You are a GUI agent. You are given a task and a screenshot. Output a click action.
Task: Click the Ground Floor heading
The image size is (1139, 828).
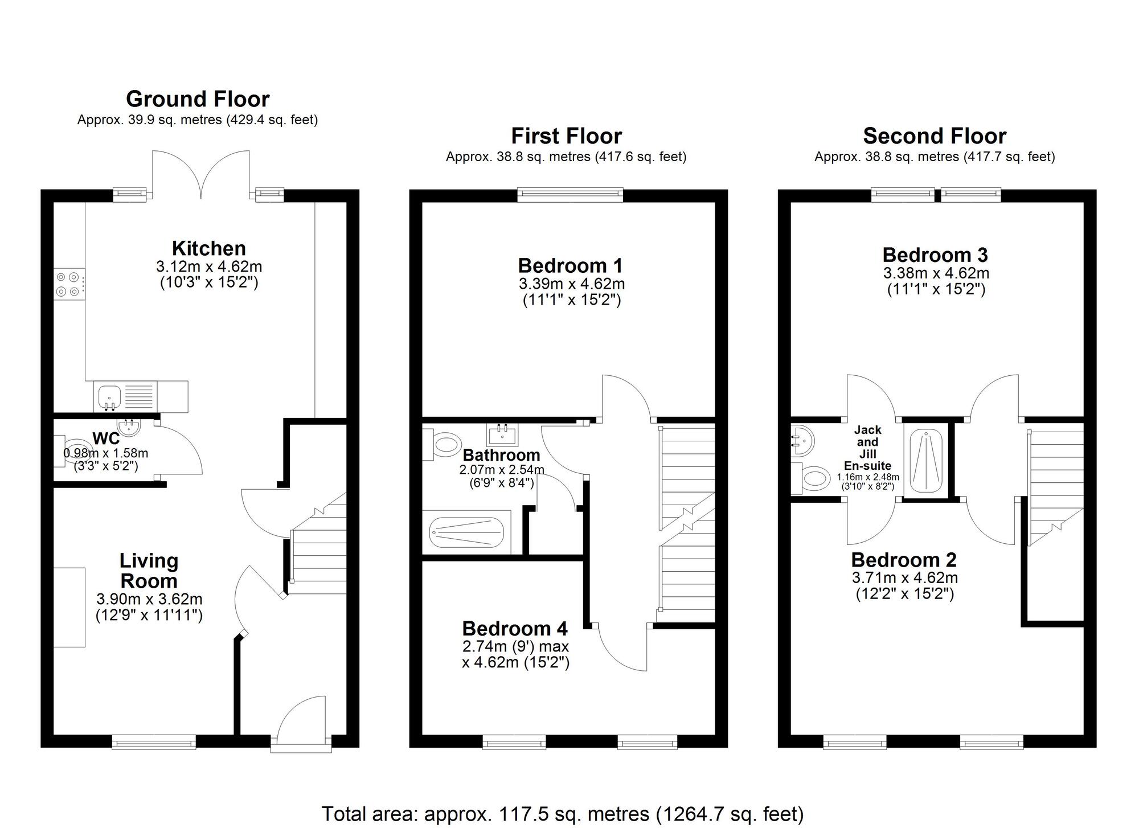[x=198, y=99]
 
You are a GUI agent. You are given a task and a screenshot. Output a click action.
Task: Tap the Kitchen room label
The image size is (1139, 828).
[x=209, y=248]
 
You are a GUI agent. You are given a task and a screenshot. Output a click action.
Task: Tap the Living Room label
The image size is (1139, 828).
[x=149, y=571]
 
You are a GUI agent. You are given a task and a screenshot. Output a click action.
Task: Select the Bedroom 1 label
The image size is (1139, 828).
[x=571, y=265]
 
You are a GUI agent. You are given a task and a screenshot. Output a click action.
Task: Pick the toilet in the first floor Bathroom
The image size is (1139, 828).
[x=442, y=444]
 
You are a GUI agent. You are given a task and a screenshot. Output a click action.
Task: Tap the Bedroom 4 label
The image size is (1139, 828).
[x=515, y=628]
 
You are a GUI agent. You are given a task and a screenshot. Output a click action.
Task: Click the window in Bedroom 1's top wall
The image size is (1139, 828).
[x=571, y=195]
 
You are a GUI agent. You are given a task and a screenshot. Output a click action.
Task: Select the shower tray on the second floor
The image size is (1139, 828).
[x=926, y=461]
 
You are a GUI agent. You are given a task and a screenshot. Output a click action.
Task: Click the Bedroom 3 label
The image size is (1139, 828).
[x=935, y=255]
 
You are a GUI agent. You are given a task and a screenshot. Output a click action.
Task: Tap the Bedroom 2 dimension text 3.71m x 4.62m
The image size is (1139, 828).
[x=905, y=577]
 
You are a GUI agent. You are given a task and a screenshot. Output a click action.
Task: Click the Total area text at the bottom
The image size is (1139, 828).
[x=563, y=814]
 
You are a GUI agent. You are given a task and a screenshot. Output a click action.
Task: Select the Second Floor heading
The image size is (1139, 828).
[x=935, y=136]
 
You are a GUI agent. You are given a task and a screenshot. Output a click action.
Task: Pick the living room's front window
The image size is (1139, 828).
[x=154, y=741]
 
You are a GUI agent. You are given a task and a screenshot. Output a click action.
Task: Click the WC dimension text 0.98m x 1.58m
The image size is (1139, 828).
[x=106, y=453]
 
